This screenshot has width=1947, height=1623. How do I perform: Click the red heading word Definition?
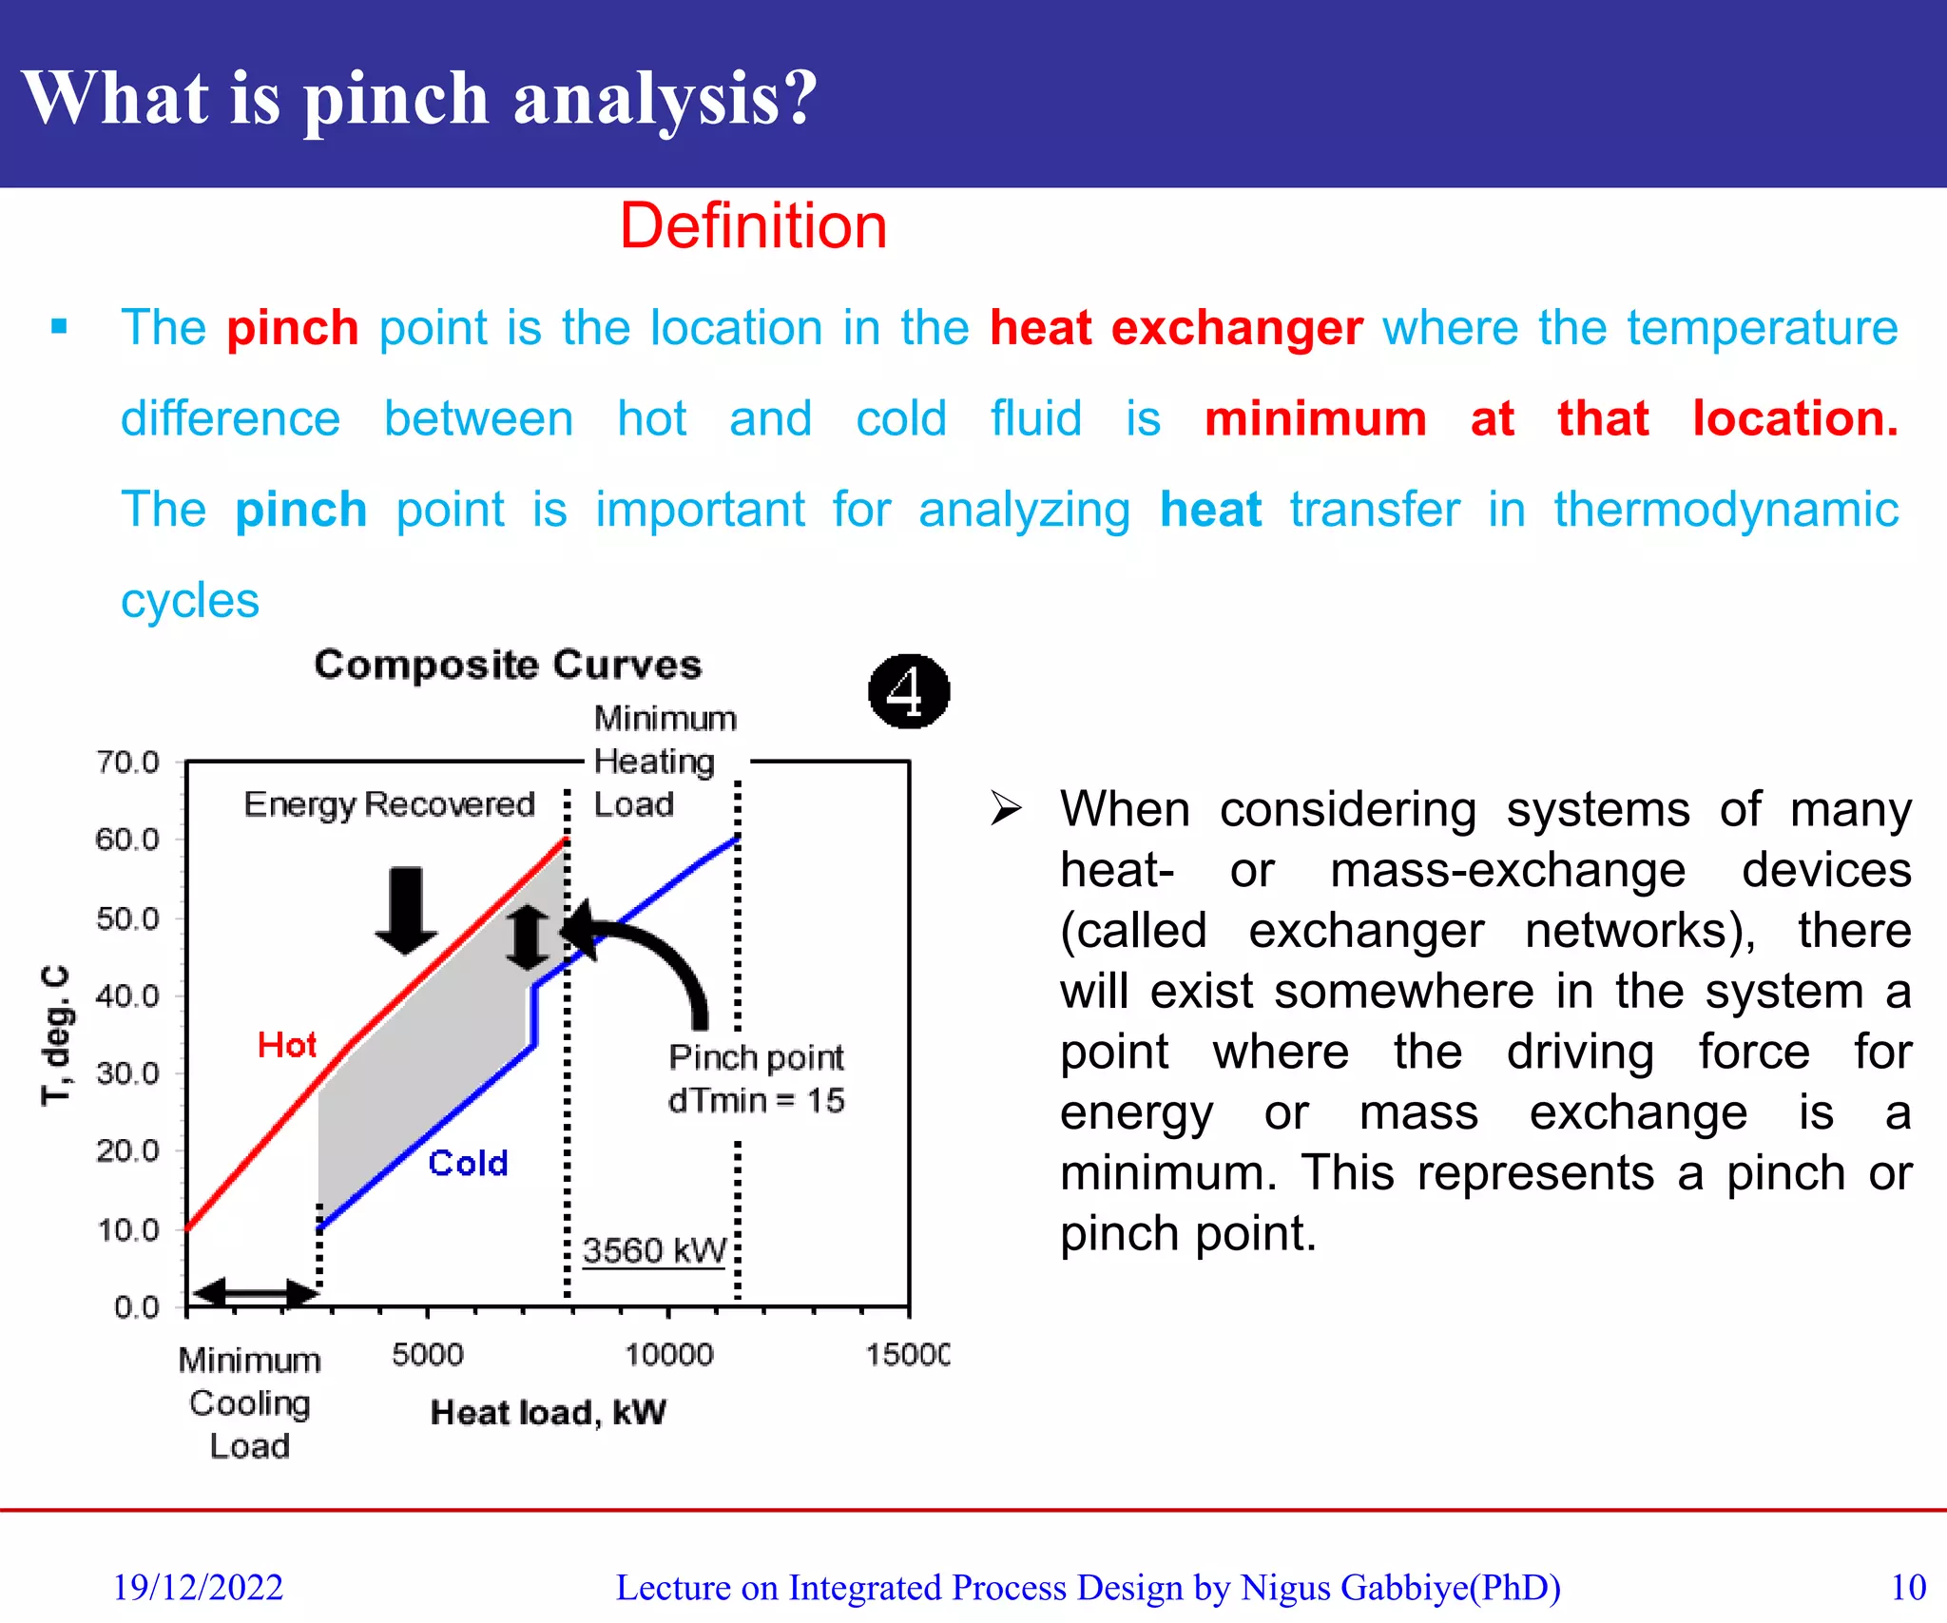coord(753,227)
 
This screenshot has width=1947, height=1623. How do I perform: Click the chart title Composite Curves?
coord(508,665)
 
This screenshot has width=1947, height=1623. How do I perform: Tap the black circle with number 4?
coord(908,691)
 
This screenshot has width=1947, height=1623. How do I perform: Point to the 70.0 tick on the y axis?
coord(127,763)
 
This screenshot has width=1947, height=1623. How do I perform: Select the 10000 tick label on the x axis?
coord(668,1354)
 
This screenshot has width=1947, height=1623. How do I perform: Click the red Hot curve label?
coord(286,1045)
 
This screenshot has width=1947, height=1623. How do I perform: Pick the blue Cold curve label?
coord(468,1163)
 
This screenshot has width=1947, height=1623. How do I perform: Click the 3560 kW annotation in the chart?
coord(654,1250)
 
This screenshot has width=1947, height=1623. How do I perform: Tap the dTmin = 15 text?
coord(756,1100)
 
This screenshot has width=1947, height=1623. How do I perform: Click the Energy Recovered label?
coord(389,804)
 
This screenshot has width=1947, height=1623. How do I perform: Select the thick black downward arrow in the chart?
coord(406,909)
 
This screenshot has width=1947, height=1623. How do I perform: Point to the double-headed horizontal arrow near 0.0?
coord(255,1292)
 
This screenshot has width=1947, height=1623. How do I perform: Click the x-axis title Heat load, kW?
coord(548,1412)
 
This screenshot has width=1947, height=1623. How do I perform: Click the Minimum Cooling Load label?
coord(249,1402)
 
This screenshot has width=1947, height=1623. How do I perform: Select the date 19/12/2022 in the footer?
coord(198,1587)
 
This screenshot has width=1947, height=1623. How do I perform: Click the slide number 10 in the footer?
coord(1907,1587)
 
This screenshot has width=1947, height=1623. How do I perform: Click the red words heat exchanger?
coord(1176,328)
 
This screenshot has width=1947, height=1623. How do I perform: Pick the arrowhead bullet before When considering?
coord(1006,808)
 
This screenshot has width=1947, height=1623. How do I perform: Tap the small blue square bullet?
coord(59,327)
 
